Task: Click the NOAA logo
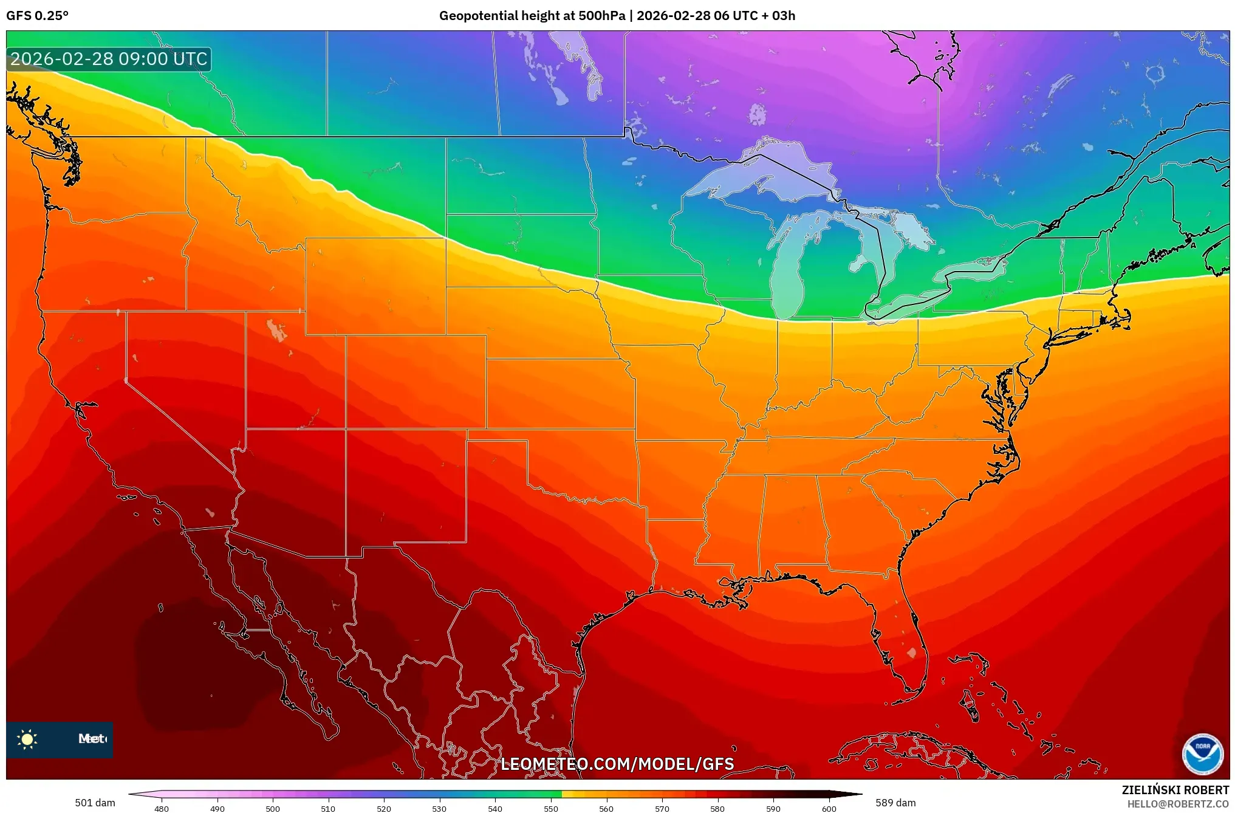1202,754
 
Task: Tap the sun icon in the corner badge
27,739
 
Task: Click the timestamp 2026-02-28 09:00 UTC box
109,59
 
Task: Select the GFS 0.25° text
37,16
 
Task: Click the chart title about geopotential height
617,16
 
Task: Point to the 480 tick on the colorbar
162,808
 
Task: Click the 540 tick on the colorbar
495,808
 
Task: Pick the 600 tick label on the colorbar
829,808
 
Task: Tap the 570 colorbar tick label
662,808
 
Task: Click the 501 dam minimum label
95,803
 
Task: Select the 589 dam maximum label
895,803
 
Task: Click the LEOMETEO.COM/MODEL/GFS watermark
617,764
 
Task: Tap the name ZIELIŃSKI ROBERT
1175,790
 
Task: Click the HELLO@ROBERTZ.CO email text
1178,804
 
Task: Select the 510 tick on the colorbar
328,808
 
